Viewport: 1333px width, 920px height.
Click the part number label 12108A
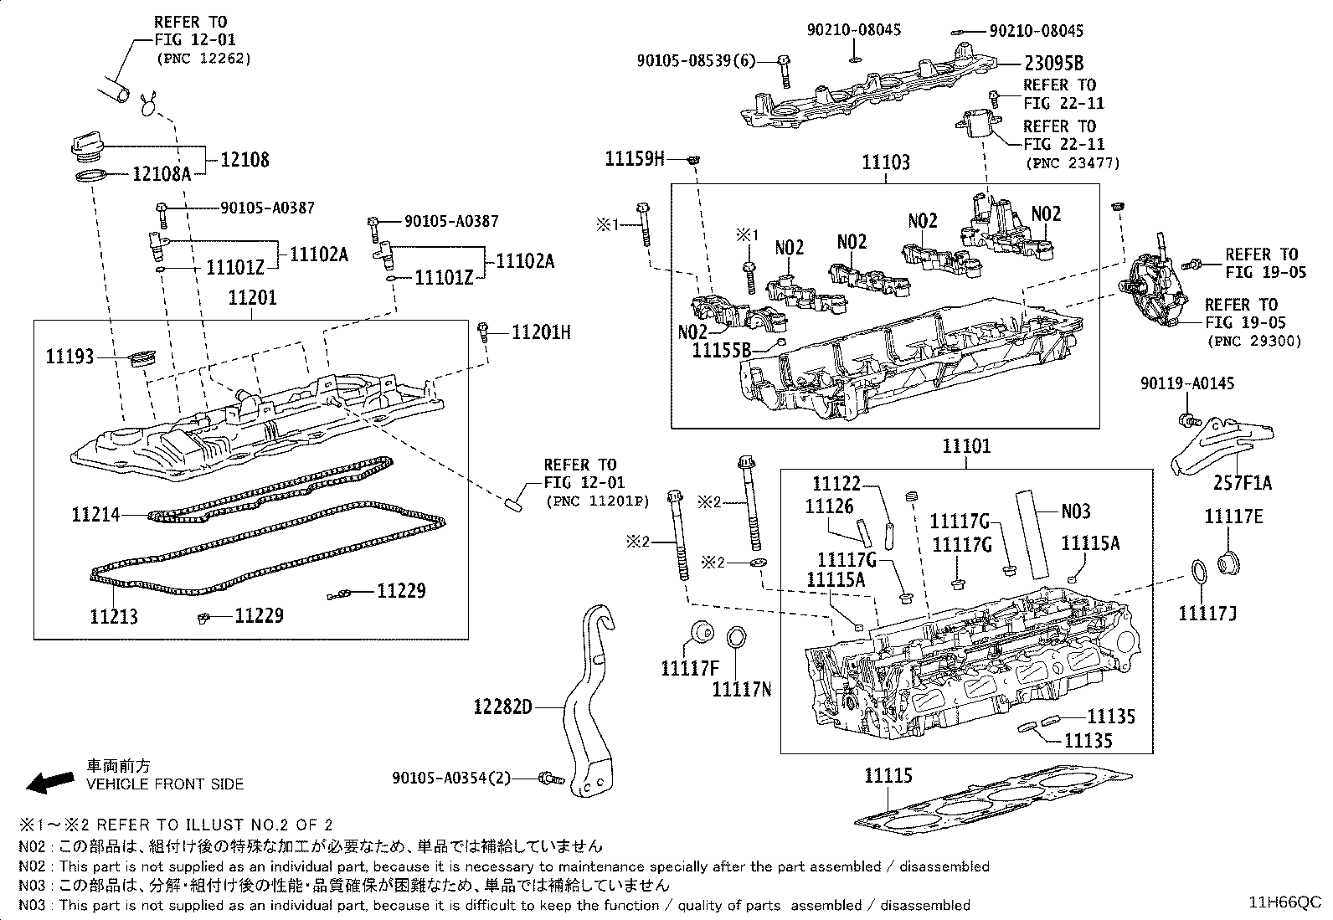(162, 174)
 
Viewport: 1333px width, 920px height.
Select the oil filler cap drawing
(89, 148)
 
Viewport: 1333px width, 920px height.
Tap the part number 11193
(69, 357)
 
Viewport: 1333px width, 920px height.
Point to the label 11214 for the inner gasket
(95, 515)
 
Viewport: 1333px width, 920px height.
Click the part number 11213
(114, 617)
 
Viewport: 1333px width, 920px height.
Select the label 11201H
(541, 333)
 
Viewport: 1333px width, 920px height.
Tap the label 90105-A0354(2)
(450, 778)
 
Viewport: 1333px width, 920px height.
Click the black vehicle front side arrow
(49, 781)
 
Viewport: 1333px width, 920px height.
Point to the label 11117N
(741, 689)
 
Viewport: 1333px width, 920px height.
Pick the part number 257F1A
(1243, 483)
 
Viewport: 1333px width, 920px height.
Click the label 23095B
(1053, 63)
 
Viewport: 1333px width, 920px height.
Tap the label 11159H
(634, 158)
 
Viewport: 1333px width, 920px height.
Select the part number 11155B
(721, 350)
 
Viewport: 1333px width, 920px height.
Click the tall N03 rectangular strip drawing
(1034, 533)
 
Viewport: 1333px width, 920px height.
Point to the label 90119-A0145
(1186, 383)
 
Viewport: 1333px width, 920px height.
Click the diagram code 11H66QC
(1284, 902)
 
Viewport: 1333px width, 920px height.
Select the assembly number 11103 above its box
(885, 162)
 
